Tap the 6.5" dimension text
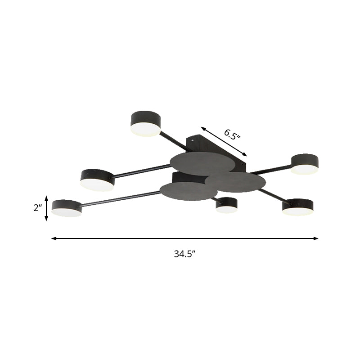tap(232, 134)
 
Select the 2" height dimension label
tap(37, 208)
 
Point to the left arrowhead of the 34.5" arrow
tap(54, 238)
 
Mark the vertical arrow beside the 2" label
tap(46, 208)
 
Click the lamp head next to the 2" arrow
tap(67, 208)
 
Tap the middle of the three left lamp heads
tap(97, 179)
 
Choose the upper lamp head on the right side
tap(305, 164)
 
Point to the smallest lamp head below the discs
tap(226, 205)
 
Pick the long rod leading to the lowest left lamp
tap(121, 199)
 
